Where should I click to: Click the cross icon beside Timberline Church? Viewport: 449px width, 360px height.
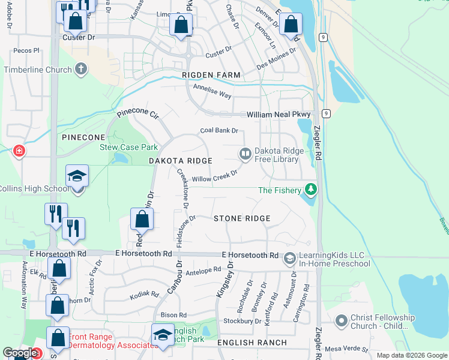(x=81, y=69)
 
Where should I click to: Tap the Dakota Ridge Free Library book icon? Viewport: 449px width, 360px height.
(x=245, y=154)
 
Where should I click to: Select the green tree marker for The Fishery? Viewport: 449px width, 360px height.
(x=310, y=190)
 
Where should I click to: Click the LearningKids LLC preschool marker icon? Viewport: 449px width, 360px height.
(x=289, y=259)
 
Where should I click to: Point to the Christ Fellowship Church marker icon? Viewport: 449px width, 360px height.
(x=342, y=322)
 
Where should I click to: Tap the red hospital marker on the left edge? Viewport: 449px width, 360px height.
(x=20, y=151)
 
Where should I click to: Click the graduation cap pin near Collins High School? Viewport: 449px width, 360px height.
(x=77, y=176)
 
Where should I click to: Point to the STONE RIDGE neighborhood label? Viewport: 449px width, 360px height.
(x=242, y=218)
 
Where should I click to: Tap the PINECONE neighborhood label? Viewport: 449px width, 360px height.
(x=83, y=137)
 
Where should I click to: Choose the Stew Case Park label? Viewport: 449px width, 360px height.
(x=128, y=147)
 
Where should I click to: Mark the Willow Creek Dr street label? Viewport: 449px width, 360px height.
(x=215, y=175)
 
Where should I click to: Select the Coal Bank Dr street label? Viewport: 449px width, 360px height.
(x=219, y=130)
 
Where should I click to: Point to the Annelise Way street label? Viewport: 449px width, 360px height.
(x=212, y=91)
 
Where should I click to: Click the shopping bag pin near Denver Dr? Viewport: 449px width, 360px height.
(x=291, y=25)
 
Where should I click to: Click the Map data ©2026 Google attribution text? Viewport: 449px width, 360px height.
(x=411, y=355)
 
